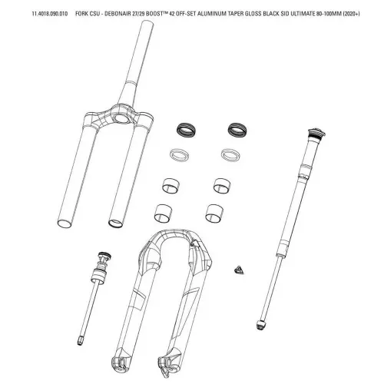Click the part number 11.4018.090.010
[x=50, y=14]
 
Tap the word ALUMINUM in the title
[x=210, y=14]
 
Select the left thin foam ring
[x=179, y=155]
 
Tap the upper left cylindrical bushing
[x=170, y=185]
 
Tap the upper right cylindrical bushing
[x=222, y=185]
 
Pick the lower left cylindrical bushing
[x=163, y=214]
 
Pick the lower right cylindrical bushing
[x=214, y=214]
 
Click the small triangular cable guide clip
[x=239, y=270]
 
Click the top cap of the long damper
[x=316, y=134]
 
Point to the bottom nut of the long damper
[x=261, y=324]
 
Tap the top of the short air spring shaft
[x=104, y=256]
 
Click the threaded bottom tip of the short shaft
[x=80, y=341]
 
